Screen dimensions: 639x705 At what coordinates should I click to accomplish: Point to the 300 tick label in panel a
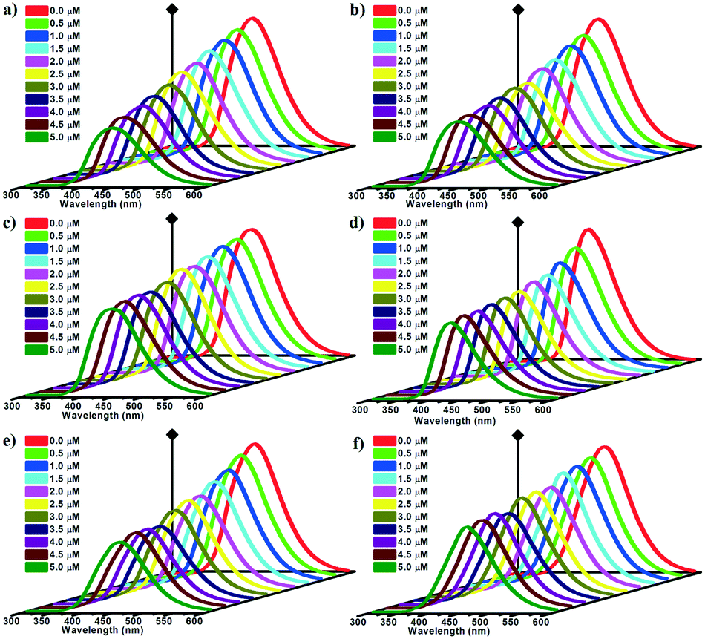tap(12, 197)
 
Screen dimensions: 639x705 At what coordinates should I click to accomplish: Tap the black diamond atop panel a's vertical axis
tap(172, 9)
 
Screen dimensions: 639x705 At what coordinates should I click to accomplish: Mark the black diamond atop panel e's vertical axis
tap(172, 434)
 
